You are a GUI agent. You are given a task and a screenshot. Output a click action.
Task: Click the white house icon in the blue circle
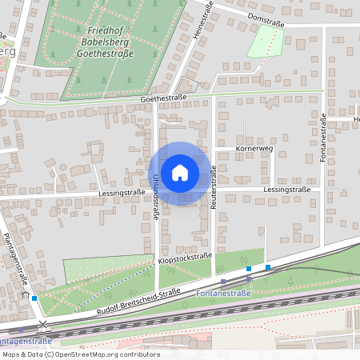tap(179, 173)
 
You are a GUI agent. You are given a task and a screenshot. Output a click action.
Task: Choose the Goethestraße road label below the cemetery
tap(163, 98)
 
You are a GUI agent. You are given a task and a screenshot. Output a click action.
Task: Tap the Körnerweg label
tap(254, 149)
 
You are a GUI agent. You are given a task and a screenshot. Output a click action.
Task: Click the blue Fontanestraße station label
tap(223, 294)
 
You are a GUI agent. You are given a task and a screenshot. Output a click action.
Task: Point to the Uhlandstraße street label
tap(154, 197)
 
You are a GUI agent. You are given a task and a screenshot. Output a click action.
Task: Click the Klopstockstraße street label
tap(185, 258)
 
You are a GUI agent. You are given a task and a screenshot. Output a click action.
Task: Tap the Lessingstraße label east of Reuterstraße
tap(284, 190)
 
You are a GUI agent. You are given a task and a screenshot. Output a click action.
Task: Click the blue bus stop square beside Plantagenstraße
tap(34, 298)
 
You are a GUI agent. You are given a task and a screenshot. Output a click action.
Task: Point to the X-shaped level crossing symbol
tap(43, 325)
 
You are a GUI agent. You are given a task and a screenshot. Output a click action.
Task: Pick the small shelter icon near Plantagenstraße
tap(26, 294)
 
